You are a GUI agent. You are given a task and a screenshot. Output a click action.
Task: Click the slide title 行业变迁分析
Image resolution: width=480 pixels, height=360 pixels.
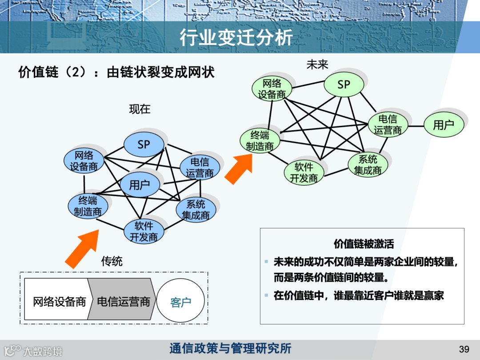click(236, 38)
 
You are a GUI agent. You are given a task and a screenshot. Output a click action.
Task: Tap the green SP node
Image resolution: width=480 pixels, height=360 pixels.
click(344, 84)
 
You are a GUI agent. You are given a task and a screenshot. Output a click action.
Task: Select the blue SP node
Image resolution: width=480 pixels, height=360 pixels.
click(144, 144)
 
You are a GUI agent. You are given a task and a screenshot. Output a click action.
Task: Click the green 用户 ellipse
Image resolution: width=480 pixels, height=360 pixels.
click(444, 125)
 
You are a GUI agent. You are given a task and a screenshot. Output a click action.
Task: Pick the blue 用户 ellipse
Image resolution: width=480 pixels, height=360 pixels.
click(140, 185)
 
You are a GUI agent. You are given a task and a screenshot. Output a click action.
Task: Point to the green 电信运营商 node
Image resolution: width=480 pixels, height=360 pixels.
click(388, 125)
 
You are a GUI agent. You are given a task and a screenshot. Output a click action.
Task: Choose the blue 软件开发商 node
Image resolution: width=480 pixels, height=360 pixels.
click(144, 232)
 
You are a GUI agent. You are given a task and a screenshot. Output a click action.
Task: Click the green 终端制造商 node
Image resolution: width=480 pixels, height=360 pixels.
click(260, 140)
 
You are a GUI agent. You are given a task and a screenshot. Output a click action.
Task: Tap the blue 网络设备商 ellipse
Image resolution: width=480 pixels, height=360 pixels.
click(84, 161)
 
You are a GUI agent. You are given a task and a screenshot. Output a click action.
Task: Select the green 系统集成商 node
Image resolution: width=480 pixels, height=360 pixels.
click(368, 165)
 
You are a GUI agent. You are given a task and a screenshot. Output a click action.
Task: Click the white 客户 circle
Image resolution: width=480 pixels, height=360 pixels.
click(180, 302)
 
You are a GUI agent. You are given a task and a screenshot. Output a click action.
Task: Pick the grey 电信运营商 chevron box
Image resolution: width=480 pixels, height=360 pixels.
click(123, 302)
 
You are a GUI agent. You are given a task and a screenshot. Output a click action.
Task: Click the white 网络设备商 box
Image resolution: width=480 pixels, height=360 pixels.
click(59, 302)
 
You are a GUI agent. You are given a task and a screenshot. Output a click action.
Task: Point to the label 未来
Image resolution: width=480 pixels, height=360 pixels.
click(317, 65)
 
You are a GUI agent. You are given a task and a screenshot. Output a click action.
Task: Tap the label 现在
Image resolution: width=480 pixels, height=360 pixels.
click(140, 109)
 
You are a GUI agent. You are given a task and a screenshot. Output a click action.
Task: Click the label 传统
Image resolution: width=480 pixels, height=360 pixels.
click(112, 261)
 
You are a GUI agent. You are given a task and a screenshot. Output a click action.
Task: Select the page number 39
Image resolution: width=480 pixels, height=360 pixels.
click(464, 348)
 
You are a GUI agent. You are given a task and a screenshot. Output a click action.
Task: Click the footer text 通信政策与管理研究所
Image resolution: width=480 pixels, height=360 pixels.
click(230, 348)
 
